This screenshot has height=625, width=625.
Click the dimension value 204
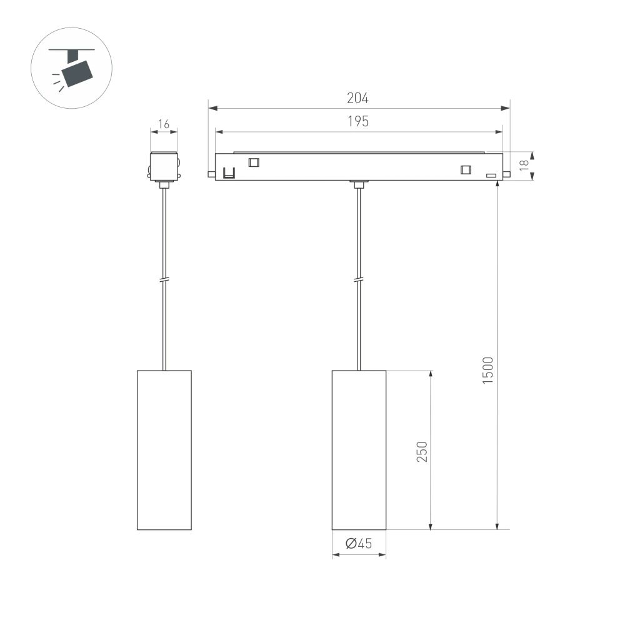coord(358,98)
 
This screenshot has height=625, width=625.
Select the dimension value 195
coord(358,122)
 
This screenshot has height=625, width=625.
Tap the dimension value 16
coord(164,124)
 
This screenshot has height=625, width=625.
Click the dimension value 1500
coord(488,370)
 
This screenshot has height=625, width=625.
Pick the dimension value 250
coord(422,451)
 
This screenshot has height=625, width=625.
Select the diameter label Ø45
coord(358,544)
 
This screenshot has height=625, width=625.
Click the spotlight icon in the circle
coord(71,68)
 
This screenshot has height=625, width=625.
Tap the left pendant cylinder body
coord(164,450)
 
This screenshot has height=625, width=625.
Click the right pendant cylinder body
coord(358,450)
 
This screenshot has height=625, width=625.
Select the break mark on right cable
coord(358,279)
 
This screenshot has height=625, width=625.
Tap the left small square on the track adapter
coord(253,162)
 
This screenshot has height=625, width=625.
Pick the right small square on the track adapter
coord(465,169)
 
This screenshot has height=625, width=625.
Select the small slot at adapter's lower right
coord(492,176)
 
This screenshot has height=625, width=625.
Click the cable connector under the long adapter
coord(358,184)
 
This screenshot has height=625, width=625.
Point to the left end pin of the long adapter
coord(211,174)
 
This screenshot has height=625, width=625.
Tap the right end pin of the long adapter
coord(506,174)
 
